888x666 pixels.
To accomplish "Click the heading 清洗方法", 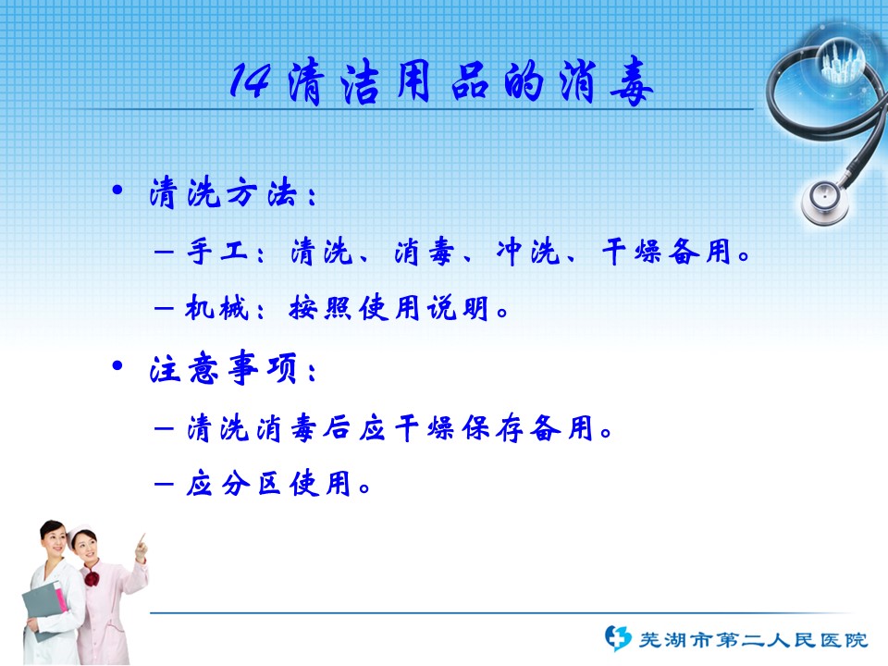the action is click(223, 192).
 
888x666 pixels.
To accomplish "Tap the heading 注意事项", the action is click(223, 368).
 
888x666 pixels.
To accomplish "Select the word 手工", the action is click(218, 252).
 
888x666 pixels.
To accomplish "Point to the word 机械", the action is click(216, 309).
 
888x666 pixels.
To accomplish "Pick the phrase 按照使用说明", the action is click(388, 309).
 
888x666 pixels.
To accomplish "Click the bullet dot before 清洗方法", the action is click(117, 191).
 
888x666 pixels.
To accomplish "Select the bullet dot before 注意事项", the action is click(117, 366).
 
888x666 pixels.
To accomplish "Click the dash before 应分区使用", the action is click(164, 484).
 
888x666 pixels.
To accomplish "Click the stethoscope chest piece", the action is click(824, 202).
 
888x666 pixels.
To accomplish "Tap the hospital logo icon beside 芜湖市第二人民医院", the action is click(617, 638).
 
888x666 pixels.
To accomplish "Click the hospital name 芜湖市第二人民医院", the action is click(753, 640).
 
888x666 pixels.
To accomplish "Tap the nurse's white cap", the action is click(80, 533).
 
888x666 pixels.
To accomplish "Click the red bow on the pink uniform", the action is click(92, 579).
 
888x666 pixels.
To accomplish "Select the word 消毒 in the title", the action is click(606, 82).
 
